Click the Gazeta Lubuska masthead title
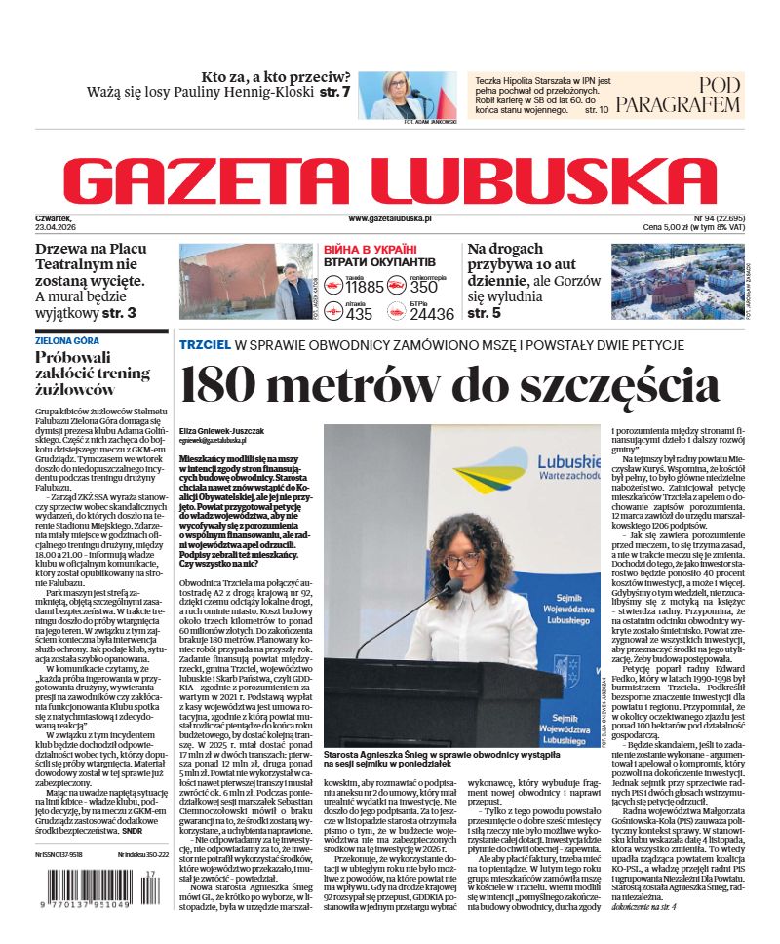389,177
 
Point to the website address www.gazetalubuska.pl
389,219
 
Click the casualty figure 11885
365,287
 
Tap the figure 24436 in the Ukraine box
432,314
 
